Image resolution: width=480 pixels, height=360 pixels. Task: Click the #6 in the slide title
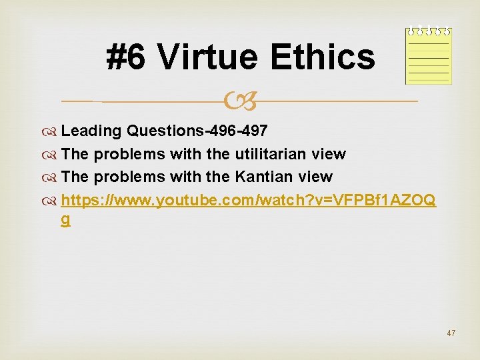coord(126,57)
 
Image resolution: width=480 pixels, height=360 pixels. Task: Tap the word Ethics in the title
coord(323,57)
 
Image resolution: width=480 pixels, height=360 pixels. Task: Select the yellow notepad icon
coord(429,56)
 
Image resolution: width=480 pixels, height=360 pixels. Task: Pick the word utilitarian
coord(271,154)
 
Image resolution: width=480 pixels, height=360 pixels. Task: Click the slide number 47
coord(451,333)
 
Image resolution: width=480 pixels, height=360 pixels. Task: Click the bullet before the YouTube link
coord(53,199)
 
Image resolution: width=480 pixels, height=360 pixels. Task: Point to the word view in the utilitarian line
coord(328,154)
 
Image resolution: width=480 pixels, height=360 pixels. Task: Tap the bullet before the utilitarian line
coord(53,155)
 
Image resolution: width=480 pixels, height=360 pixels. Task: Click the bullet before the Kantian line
coord(53,177)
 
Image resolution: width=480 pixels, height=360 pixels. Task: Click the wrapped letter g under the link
coord(65,220)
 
